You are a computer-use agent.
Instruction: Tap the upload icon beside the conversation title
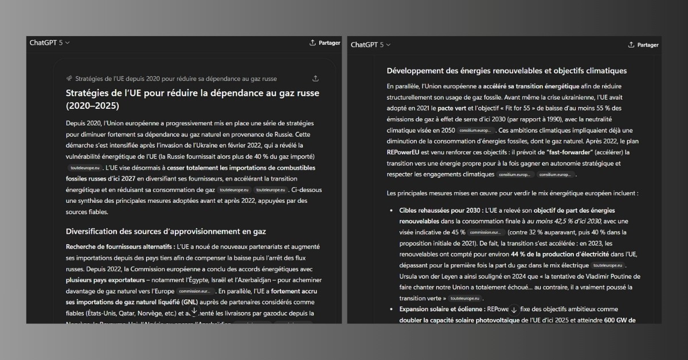[315, 79]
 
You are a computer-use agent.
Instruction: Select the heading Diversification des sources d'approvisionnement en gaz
[166, 232]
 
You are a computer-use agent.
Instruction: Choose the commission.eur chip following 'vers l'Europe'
[196, 291]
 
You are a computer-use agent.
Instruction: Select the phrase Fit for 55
[518, 108]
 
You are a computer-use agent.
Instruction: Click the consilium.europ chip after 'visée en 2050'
[475, 131]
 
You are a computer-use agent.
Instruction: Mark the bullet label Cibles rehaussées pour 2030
[440, 210]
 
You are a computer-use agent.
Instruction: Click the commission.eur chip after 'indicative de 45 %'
[487, 232]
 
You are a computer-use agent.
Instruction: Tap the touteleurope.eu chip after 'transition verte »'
[465, 299]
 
